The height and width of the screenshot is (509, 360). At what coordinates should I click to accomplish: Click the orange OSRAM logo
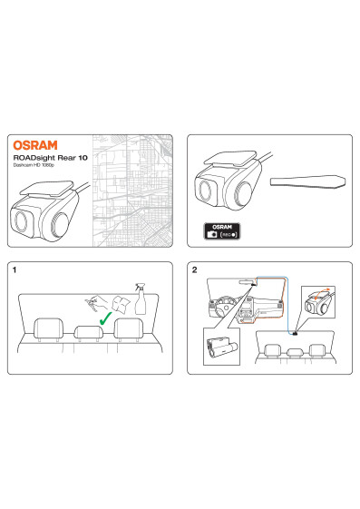click(x=35, y=145)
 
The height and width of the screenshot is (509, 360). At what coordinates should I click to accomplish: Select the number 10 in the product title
click(x=83, y=158)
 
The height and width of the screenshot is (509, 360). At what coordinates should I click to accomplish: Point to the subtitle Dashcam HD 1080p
click(x=34, y=165)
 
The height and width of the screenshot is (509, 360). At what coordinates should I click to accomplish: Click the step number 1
click(x=14, y=269)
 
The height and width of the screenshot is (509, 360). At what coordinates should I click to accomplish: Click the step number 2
click(x=194, y=269)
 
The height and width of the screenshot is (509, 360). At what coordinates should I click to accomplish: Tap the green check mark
click(x=105, y=318)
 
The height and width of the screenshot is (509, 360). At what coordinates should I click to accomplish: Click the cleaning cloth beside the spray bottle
click(x=121, y=305)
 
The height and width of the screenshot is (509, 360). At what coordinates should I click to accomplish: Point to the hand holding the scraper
click(x=97, y=303)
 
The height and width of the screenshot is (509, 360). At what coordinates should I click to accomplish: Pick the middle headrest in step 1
click(x=89, y=332)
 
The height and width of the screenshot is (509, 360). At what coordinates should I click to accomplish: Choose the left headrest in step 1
click(x=49, y=328)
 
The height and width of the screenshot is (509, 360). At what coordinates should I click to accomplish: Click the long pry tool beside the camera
click(x=307, y=181)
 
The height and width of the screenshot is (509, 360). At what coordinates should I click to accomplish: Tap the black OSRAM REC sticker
click(x=222, y=231)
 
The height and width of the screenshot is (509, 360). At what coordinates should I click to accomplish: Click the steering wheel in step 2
click(x=226, y=305)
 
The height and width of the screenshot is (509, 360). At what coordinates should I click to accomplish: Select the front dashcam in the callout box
click(x=222, y=347)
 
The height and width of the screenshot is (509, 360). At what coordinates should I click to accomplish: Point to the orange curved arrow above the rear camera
click(x=322, y=291)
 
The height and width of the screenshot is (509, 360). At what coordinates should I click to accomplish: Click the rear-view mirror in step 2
click(x=246, y=282)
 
